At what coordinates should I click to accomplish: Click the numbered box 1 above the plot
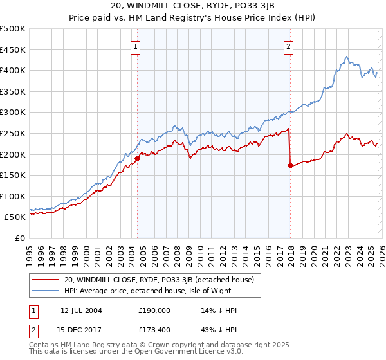pos(136,46)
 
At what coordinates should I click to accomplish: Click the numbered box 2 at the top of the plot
pos(289,46)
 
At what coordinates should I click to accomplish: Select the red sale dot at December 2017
pos(290,165)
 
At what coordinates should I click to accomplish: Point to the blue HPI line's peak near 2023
pos(346,57)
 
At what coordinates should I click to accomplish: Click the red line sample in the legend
pos(46,280)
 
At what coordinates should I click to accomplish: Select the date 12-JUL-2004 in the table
pos(82,310)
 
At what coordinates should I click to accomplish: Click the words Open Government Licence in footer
pos(176,353)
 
